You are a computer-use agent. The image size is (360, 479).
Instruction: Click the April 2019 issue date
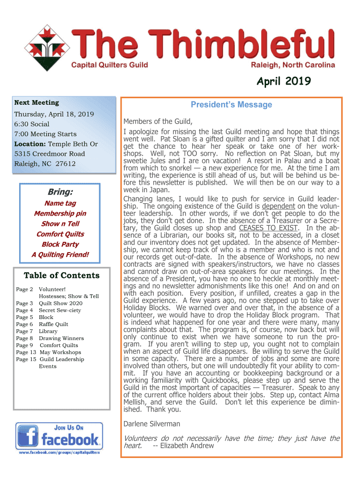pos(283,82)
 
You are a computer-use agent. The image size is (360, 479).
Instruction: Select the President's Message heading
pos(231,104)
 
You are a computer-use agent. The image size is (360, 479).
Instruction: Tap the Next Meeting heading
pos(36,102)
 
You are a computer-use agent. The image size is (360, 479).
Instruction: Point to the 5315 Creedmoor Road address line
pos(50,154)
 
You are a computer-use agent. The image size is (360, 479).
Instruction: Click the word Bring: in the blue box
pos(60,192)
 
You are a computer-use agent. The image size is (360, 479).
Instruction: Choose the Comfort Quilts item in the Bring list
pos(60,234)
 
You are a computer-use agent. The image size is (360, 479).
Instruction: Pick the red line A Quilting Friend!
pos(60,254)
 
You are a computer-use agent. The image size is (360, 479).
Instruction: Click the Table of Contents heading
pos(62,276)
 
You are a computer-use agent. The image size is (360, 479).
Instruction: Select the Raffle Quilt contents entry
pos(53,324)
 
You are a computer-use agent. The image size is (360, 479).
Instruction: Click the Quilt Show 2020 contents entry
pos(60,303)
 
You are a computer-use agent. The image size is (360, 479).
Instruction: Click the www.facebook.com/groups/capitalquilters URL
pos(59,453)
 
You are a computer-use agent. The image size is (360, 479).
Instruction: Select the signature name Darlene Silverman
pos(151,424)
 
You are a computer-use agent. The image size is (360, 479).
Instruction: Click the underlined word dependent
pos(278,206)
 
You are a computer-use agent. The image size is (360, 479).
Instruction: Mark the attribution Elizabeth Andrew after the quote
pos(187,445)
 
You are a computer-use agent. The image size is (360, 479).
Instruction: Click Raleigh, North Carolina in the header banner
pos(293,65)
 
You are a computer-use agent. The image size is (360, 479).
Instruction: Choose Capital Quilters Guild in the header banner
pos(109,65)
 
